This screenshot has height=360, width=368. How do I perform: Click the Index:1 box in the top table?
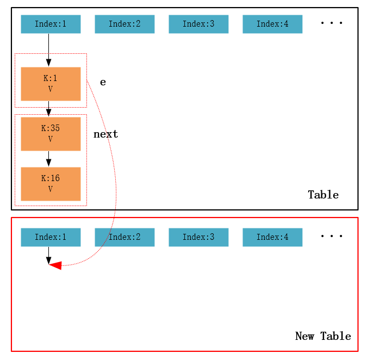click(x=51, y=24)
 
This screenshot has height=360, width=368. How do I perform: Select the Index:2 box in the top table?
click(x=124, y=24)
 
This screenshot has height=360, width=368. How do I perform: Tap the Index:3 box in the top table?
click(x=198, y=24)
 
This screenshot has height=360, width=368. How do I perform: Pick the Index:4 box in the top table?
click(x=272, y=24)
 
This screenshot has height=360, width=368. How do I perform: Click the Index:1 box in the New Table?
click(x=51, y=237)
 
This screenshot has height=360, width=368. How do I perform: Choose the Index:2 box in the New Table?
click(x=124, y=237)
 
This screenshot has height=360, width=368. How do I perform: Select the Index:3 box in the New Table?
click(x=198, y=237)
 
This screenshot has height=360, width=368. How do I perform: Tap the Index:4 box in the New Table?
click(x=272, y=237)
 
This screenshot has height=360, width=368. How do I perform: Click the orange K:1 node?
click(x=51, y=84)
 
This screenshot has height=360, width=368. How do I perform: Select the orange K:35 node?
click(x=51, y=134)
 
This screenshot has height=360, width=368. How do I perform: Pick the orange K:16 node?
click(x=51, y=184)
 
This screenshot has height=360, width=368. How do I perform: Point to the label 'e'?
click(x=103, y=82)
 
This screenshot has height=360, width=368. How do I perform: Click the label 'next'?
click(x=105, y=134)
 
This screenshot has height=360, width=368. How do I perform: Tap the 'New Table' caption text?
click(x=323, y=337)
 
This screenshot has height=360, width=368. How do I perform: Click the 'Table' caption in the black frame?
click(x=323, y=195)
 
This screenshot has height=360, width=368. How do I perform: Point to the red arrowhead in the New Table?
click(x=55, y=265)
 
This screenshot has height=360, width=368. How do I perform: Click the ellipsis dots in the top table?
click(x=331, y=23)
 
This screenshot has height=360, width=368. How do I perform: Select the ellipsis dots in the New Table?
click(x=331, y=237)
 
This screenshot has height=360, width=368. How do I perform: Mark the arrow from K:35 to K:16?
click(x=48, y=159)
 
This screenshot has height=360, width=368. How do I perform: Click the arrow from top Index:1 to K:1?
click(x=48, y=50)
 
